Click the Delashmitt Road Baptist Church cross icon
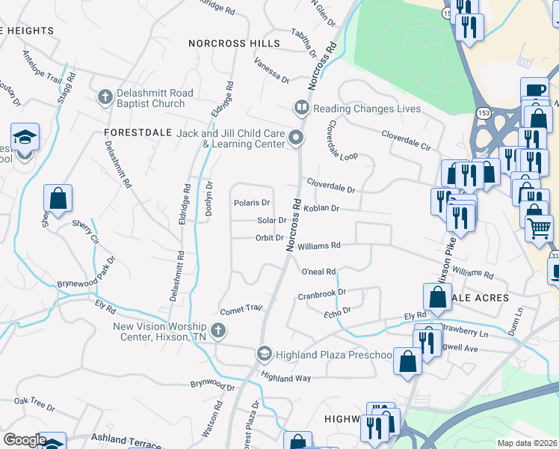(105, 97)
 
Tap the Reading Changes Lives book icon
(302, 109)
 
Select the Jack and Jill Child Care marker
(297, 137)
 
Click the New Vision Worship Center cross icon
(218, 330)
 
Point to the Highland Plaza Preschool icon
(264, 353)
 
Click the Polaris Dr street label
(252, 203)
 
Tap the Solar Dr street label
(271, 221)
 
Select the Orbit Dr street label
(269, 238)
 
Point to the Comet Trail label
(241, 308)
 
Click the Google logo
(24, 440)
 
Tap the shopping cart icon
(539, 227)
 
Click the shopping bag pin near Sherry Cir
(58, 198)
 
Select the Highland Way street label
(285, 379)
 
